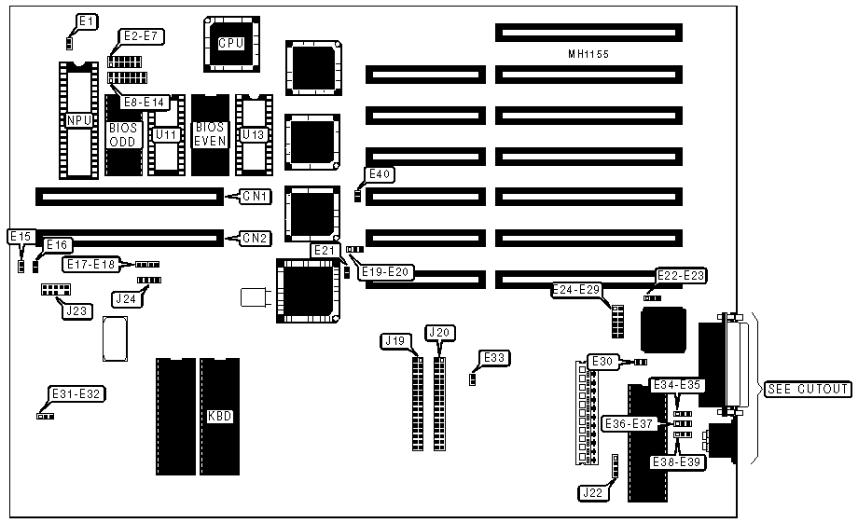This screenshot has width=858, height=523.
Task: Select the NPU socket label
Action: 77,121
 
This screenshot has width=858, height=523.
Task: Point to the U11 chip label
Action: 166,135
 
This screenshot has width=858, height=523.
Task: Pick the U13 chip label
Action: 253,135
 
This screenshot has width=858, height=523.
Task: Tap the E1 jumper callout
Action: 86,21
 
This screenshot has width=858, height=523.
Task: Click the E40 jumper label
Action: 381,174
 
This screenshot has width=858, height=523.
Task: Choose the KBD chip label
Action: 219,416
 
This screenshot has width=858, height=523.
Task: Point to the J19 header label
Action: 395,340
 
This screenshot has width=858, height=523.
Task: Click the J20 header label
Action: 437,332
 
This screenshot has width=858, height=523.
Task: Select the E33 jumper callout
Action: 494,357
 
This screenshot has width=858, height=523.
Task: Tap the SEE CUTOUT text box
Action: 808,389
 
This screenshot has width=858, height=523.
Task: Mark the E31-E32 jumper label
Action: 77,394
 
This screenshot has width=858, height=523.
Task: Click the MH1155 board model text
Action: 588,55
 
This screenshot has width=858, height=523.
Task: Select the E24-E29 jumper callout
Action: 577,290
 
